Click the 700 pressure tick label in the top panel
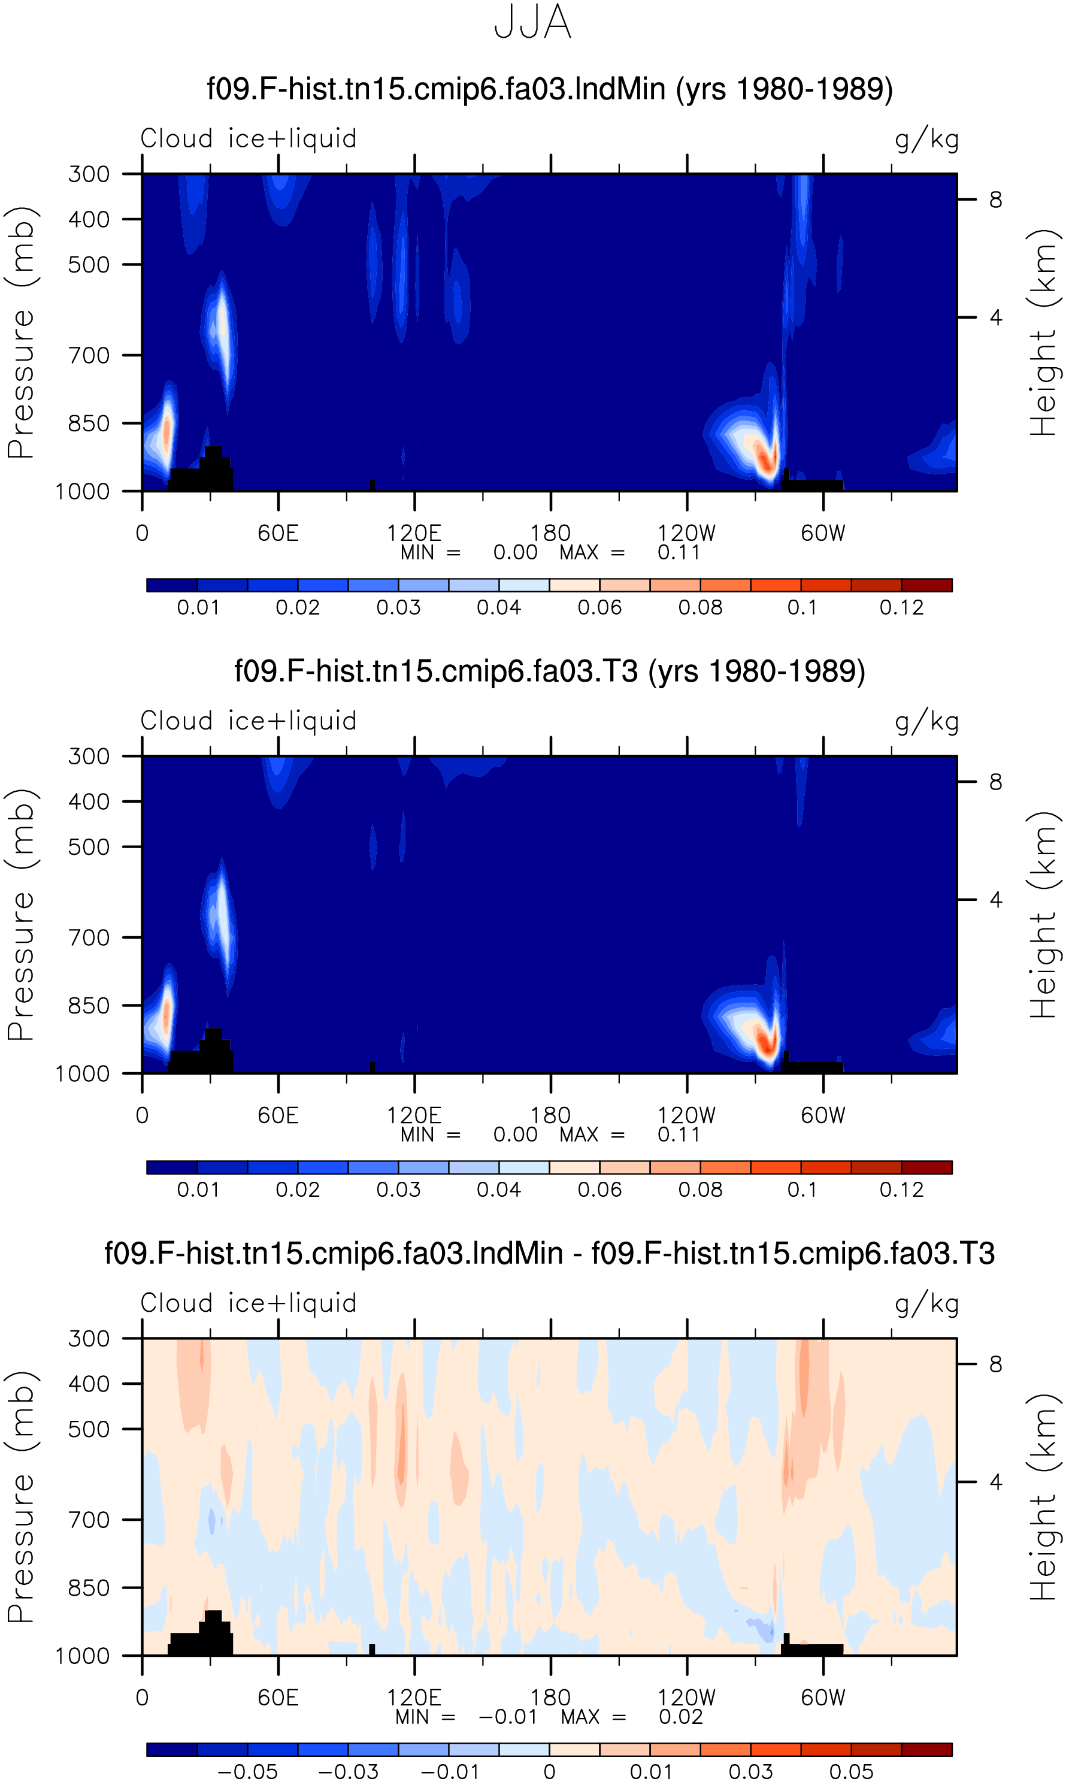(89, 355)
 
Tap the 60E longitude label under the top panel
(278, 533)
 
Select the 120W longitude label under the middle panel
(687, 1115)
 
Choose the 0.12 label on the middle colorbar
(901, 1190)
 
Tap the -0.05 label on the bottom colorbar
(247, 1772)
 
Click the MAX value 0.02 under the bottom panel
(681, 1717)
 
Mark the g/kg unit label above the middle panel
(926, 721)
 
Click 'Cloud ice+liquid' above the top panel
(249, 138)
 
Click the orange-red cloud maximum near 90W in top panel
(766, 458)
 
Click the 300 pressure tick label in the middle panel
(89, 757)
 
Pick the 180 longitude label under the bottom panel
(550, 1698)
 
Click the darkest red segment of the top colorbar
(926, 585)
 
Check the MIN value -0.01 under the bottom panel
(508, 1717)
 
